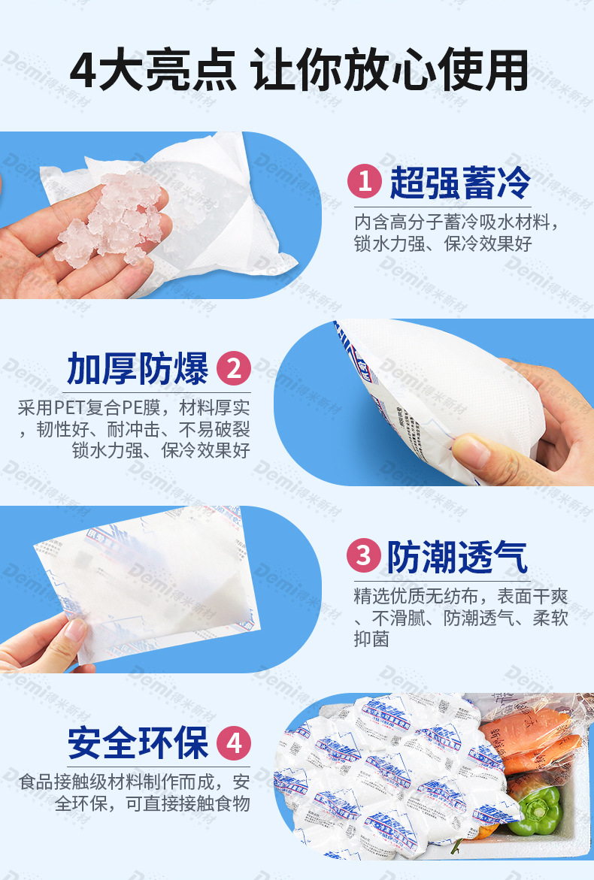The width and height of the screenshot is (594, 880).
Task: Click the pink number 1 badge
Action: (365, 182)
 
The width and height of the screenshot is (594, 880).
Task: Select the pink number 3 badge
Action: (365, 556)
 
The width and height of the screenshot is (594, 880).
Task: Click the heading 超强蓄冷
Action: (460, 182)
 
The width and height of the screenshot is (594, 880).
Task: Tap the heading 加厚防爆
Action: (138, 368)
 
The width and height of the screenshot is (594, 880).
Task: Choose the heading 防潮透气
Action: (458, 557)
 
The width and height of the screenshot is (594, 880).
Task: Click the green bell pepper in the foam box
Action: (535, 809)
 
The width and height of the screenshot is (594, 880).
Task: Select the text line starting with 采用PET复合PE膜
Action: (133, 409)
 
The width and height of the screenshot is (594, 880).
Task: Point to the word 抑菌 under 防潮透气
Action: (371, 640)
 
